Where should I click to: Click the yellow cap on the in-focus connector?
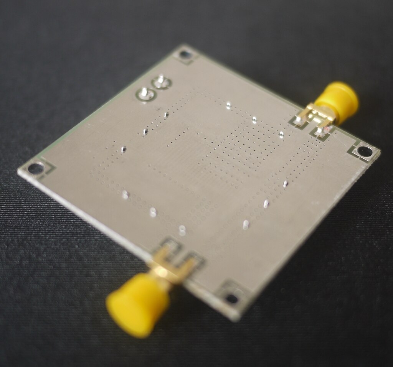click(338, 99)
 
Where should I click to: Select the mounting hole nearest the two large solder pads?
click(185, 54)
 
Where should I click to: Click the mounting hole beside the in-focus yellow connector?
click(364, 151)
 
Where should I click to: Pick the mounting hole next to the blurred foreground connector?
click(231, 298)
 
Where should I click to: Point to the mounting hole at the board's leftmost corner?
click(36, 168)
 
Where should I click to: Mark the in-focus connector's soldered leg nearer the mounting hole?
click(320, 132)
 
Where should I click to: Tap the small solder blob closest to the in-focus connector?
click(281, 134)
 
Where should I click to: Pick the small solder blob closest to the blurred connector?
click(182, 230)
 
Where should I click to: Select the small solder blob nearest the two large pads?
click(166, 114)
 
